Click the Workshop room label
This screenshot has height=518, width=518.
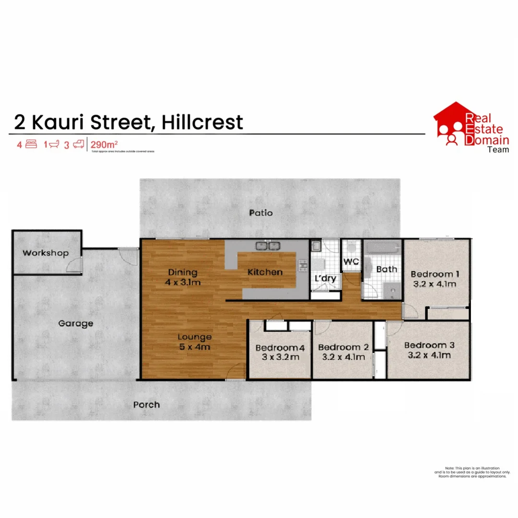[x=46, y=253]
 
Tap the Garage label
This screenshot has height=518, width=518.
[x=75, y=323]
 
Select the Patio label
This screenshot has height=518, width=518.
[x=261, y=212]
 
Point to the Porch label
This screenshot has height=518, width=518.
[x=146, y=404]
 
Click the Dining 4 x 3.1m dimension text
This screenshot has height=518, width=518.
[x=183, y=283]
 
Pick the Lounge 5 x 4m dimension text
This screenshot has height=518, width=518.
[x=194, y=347]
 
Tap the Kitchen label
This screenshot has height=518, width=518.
[x=265, y=272]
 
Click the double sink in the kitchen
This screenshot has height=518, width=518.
[x=268, y=246]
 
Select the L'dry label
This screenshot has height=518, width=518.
[x=325, y=279]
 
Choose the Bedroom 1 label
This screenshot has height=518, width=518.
[x=435, y=274]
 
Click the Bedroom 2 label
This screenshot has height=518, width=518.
[x=343, y=347]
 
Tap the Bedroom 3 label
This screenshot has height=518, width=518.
[x=429, y=345]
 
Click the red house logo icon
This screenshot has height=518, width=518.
[x=451, y=124]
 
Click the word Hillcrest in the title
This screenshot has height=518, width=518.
[x=202, y=122]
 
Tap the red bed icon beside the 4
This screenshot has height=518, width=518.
[x=32, y=144]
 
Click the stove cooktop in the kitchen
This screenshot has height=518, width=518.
[x=303, y=264]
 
